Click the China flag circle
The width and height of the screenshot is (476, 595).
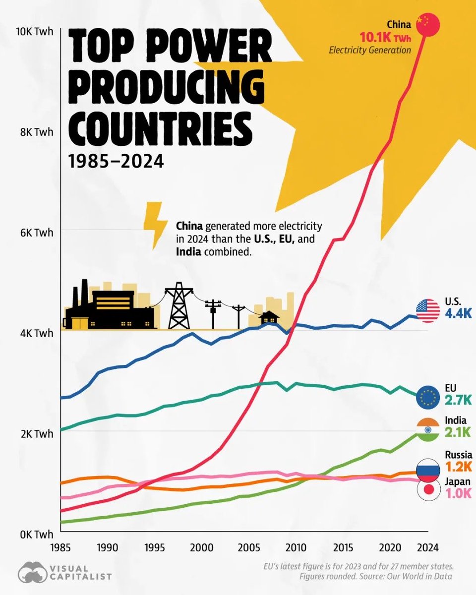(x=428, y=24)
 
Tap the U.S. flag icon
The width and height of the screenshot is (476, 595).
(x=428, y=311)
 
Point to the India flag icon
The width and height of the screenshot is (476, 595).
(x=428, y=429)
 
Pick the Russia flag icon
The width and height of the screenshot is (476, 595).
(x=428, y=469)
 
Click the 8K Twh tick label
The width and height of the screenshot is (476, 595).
(x=36, y=132)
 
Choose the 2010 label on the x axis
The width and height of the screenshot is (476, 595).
(x=295, y=547)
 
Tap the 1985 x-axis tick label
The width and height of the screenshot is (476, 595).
(x=60, y=547)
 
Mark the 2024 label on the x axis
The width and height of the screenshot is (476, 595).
(x=426, y=547)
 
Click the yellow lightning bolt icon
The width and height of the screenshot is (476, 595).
(x=155, y=225)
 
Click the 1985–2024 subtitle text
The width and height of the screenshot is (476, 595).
(x=116, y=161)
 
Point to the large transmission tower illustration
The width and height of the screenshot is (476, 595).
(x=178, y=306)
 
